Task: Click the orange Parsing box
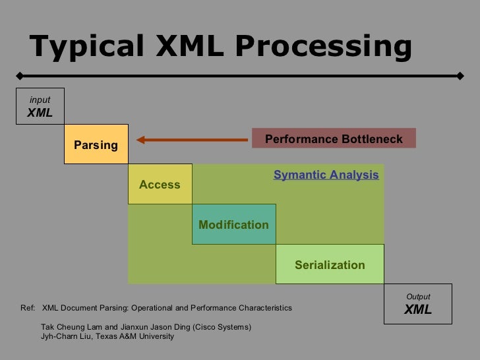point(96,144)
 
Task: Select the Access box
point(160,185)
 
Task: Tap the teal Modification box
point(233,225)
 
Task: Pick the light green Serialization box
point(330,265)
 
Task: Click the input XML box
point(40,107)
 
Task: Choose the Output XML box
point(418,304)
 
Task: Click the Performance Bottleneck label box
point(334,138)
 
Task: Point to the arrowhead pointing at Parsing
point(140,139)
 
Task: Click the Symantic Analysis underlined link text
point(326,175)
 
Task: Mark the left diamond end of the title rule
point(21,75)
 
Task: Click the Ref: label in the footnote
point(28,308)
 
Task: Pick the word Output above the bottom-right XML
point(418,297)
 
